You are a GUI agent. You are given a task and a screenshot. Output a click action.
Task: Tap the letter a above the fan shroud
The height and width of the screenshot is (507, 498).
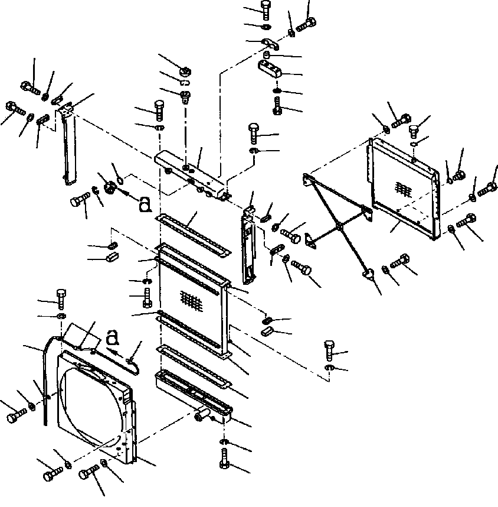113,338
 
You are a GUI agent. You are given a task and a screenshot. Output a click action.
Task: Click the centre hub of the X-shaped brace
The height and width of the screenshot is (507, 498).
338,226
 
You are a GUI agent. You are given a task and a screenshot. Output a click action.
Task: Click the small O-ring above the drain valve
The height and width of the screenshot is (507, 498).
119,176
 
